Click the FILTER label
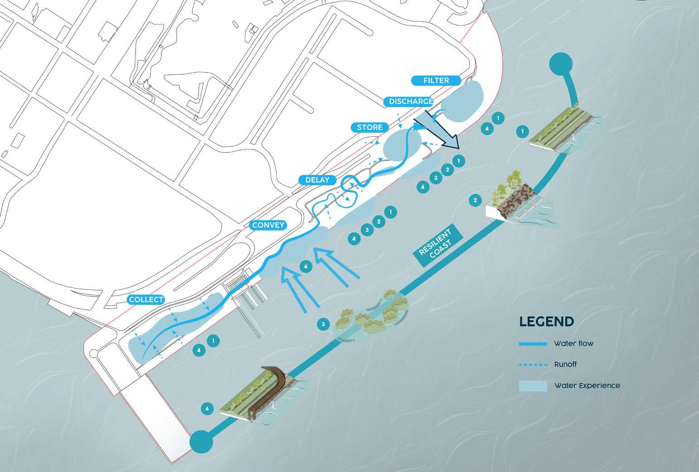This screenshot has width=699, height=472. point(436,81)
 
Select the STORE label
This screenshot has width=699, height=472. point(370,127)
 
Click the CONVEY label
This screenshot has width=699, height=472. point(268,225)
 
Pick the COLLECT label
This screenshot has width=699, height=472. point(146,300)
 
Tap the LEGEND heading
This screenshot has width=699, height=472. point(547,322)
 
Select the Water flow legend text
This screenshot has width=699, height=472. point(573,344)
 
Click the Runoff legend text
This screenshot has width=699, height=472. point(565,364)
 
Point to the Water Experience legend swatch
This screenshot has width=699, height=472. point(533,385)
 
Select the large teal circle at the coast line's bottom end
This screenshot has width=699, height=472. point(202,441)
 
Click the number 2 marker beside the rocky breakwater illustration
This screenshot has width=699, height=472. point(475,200)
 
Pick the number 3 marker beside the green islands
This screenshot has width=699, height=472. point(323,324)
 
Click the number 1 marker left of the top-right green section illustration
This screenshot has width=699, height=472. point(523,132)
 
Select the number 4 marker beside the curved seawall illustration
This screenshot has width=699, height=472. point(207,409)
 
